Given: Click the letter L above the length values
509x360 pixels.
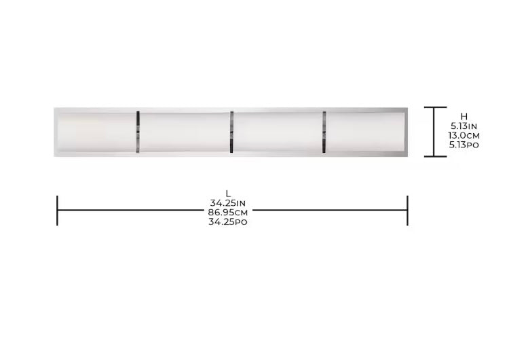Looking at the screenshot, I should point(228,194).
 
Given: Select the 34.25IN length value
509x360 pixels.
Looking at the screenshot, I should point(228,203).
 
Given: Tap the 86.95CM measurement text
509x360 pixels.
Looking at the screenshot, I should point(228,213).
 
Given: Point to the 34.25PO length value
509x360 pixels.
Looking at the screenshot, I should point(228,222).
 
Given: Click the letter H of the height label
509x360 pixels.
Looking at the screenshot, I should point(464,117).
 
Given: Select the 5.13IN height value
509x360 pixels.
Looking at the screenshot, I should point(464,126).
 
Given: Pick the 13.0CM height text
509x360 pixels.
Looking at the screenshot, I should point(464,135).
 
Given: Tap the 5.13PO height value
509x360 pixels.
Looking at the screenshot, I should point(464,145).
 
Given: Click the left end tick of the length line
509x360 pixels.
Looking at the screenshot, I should point(57,211).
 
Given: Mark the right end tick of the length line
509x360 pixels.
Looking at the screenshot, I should point(407,211).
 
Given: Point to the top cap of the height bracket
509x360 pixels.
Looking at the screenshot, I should point(435,107).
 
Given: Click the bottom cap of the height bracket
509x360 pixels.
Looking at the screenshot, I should point(435,156).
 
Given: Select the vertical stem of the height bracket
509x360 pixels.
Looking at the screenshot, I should point(435,132).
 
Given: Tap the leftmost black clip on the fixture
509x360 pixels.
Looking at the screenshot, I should point(138,132).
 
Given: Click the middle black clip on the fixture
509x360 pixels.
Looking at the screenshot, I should point(231,132).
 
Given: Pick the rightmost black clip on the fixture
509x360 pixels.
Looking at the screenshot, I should point(324,132).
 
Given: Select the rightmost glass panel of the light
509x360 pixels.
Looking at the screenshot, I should point(364,132).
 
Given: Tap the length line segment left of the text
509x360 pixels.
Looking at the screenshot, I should point(129,211).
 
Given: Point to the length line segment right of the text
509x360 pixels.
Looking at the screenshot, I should point(329,211).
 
